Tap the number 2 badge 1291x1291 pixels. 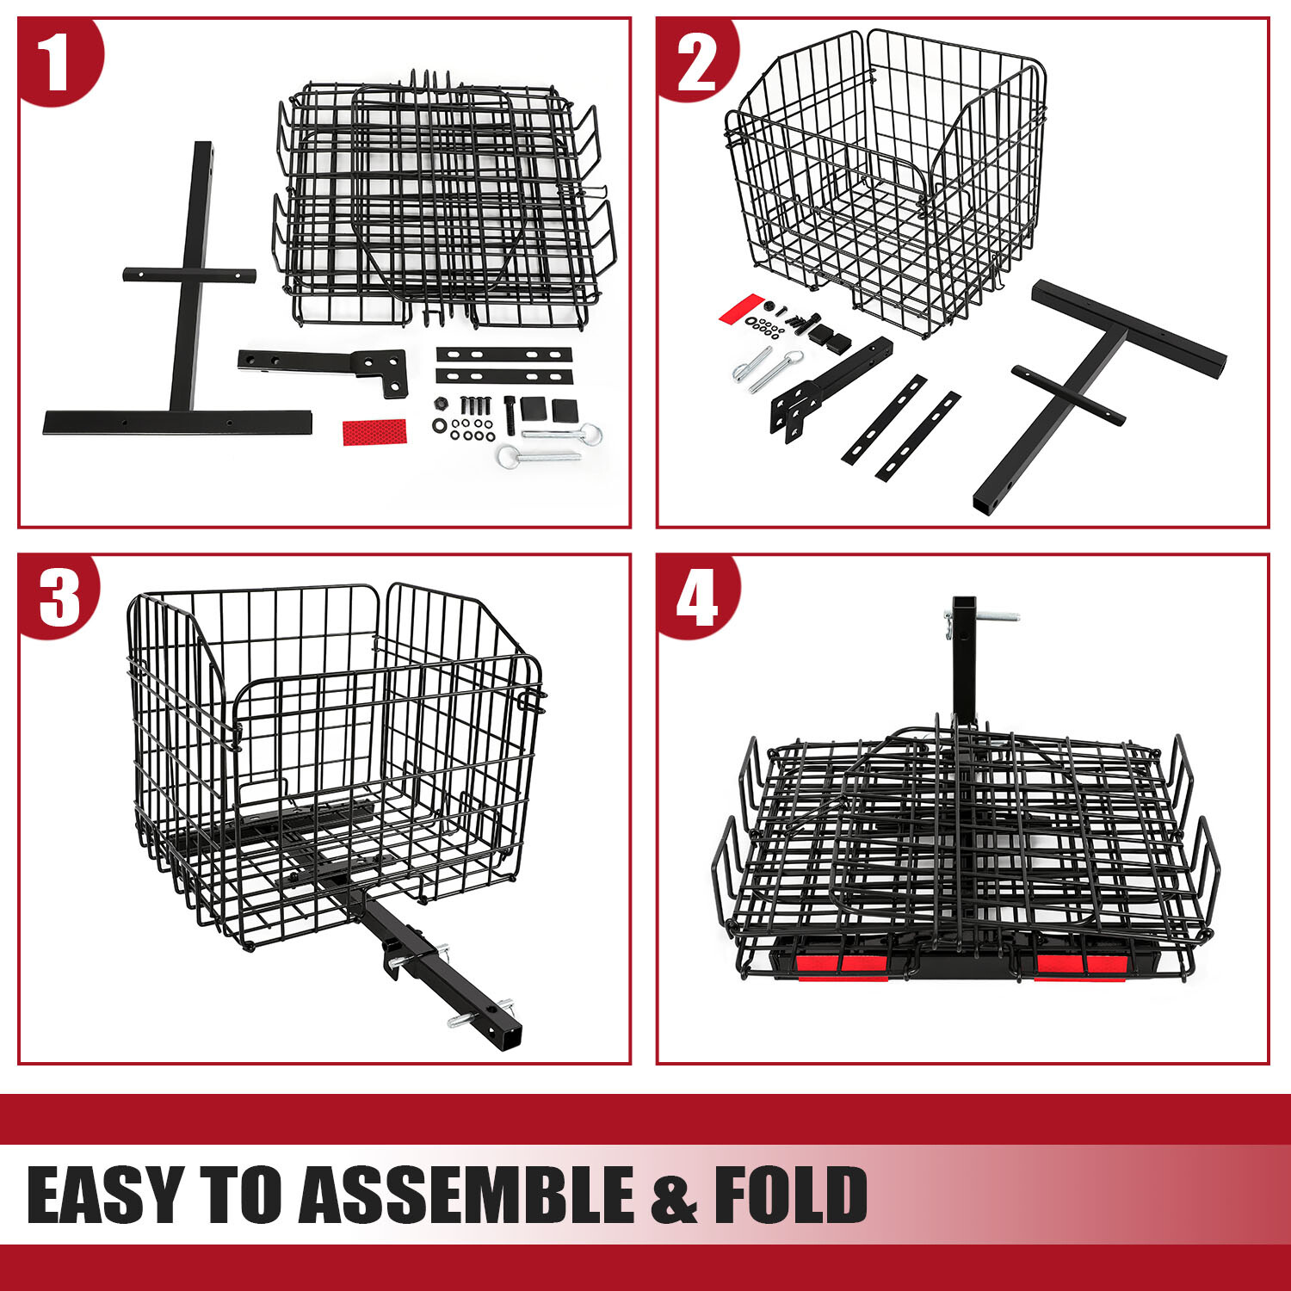(x=695, y=62)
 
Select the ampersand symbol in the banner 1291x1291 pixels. (x=674, y=1196)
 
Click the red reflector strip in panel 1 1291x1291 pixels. (x=374, y=431)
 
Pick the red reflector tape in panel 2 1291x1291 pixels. (x=742, y=308)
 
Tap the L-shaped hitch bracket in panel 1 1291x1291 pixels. (x=327, y=365)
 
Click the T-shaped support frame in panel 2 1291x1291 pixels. (x=1110, y=361)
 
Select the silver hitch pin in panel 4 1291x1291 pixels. (x=990, y=618)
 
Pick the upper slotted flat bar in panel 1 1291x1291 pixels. (x=503, y=355)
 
